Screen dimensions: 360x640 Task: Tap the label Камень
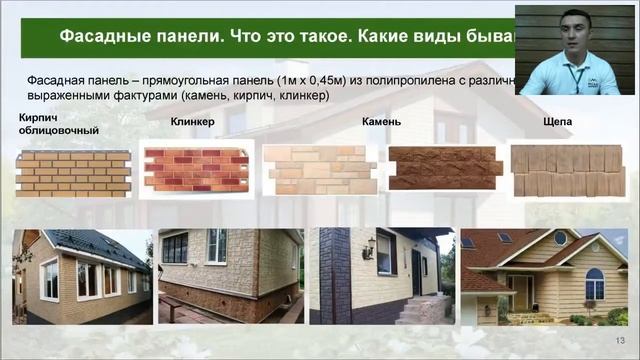pyautogui.click(x=382, y=122)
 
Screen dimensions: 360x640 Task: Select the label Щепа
pyautogui.click(x=556, y=122)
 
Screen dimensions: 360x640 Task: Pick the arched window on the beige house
pyautogui.click(x=594, y=283)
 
